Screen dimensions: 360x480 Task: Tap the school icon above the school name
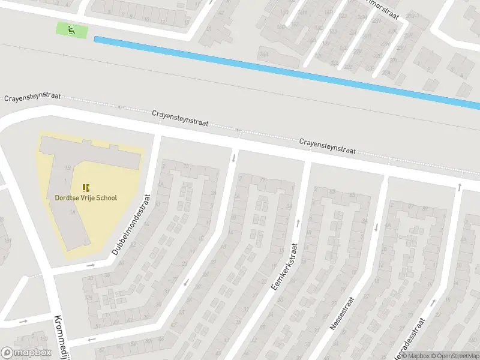[85, 187]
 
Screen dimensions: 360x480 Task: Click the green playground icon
[71, 28]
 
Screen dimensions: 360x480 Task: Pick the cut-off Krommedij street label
[63, 337]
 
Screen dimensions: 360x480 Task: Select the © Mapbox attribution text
[414, 355]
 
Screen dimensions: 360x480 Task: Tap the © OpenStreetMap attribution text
[454, 355]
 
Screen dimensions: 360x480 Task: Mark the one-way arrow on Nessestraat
[377, 227]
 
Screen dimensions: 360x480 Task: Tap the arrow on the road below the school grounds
[91, 265]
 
